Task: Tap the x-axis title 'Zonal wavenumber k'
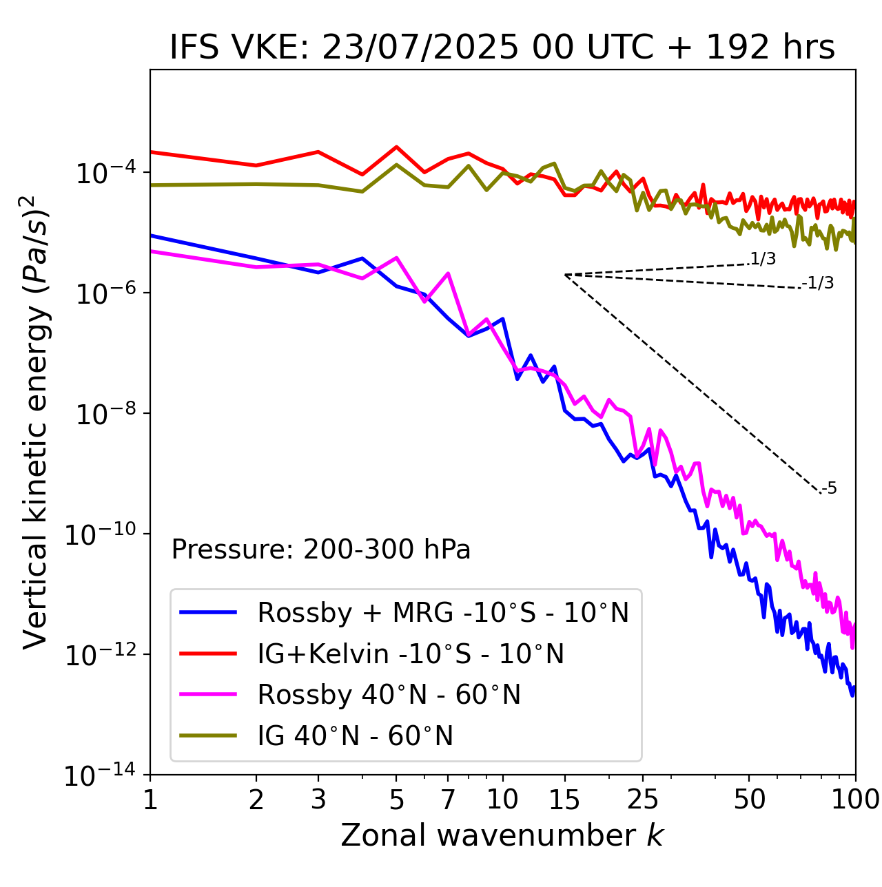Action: pos(502,835)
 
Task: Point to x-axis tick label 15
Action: pos(564,800)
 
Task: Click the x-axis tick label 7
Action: pos(448,800)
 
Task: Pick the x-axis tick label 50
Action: pos(749,800)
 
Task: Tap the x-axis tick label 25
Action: pos(642,800)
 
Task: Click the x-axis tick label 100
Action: pos(855,800)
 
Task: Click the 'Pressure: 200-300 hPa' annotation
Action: pos(321,550)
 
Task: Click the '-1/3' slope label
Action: pos(819,282)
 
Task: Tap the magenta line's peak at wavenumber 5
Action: pos(396,258)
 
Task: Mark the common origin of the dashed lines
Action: pos(565,275)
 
